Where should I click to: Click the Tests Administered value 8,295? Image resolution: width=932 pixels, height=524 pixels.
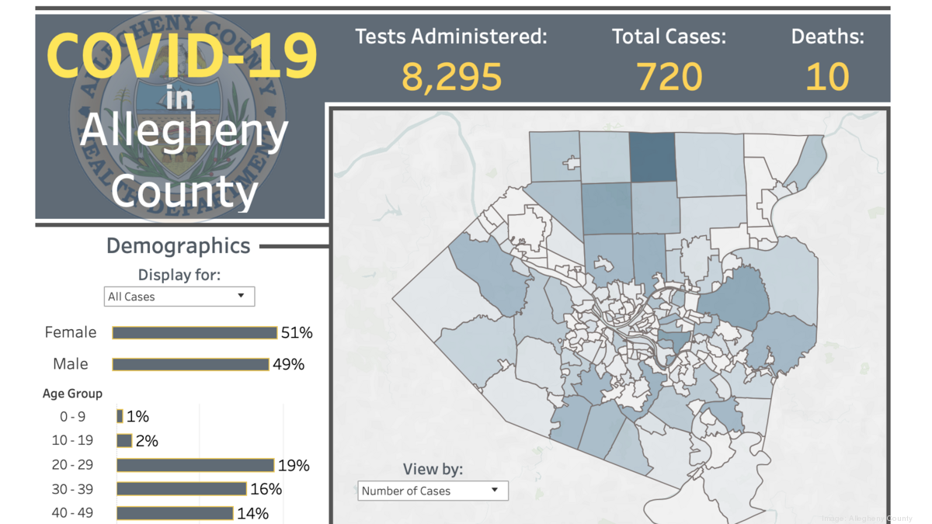[x=451, y=76]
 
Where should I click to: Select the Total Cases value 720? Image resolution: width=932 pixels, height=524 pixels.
[x=669, y=76]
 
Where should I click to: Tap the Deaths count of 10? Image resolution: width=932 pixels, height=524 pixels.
[x=827, y=76]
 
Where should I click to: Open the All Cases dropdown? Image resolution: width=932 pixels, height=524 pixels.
[x=179, y=297]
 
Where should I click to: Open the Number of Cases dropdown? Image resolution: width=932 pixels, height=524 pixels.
[x=433, y=491]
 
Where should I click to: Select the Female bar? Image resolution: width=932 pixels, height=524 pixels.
[x=194, y=333]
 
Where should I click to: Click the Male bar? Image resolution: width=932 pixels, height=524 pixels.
[x=190, y=364]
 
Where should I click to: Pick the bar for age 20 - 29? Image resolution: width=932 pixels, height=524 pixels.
[x=195, y=466]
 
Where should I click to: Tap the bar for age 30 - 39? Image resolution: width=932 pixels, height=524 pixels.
[x=182, y=489]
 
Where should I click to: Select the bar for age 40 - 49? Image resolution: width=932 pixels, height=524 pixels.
[x=175, y=513]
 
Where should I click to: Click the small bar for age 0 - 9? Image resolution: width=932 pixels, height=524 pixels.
[x=120, y=417]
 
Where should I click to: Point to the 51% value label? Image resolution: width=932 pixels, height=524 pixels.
[x=297, y=333]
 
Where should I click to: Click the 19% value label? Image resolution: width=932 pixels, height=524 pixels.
[x=294, y=466]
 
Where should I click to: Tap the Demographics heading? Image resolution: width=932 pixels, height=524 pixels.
[x=178, y=246]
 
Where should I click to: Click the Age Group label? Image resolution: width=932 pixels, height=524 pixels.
[x=72, y=394]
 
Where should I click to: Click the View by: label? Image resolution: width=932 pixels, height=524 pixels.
[x=433, y=469]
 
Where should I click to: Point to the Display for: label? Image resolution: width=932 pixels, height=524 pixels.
[x=179, y=275]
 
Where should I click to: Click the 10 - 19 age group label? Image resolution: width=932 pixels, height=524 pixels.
[x=72, y=440]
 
